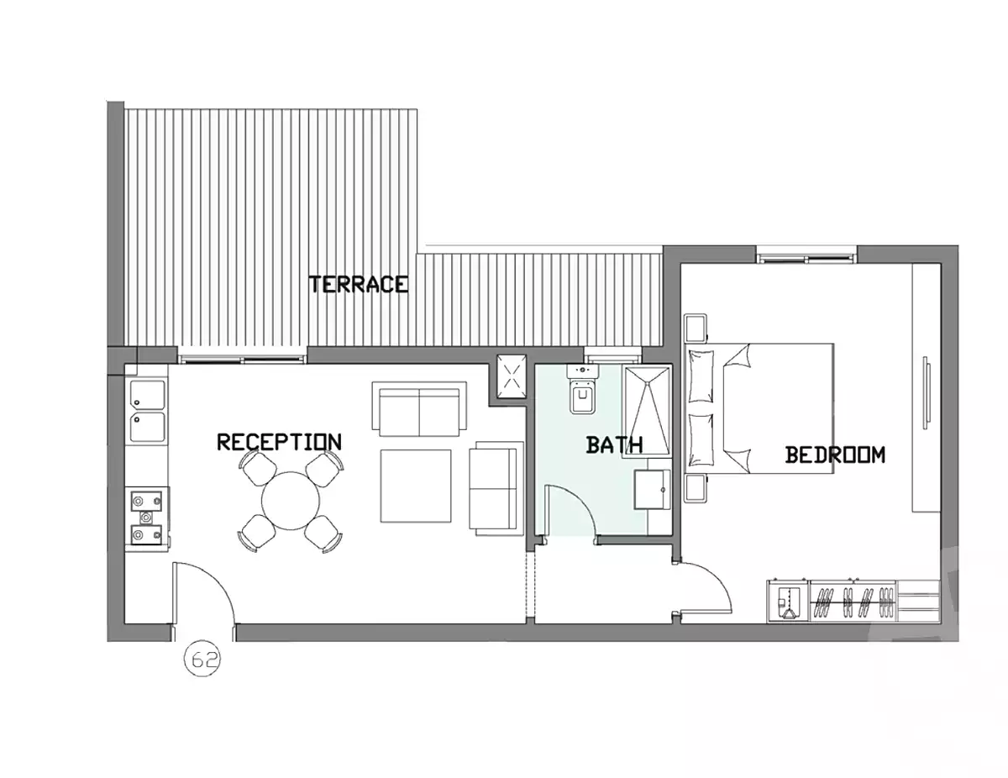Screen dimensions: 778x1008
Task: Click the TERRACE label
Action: click(359, 284)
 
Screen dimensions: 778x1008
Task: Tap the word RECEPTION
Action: click(279, 442)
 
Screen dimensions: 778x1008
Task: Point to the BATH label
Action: click(614, 444)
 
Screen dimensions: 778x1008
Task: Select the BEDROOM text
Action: click(835, 455)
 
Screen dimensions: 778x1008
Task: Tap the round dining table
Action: click(291, 501)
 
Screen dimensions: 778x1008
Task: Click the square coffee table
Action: click(415, 486)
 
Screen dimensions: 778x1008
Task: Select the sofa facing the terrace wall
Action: click(420, 409)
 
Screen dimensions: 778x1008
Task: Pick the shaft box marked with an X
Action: click(510, 376)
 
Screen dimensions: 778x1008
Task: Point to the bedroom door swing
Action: click(706, 588)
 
